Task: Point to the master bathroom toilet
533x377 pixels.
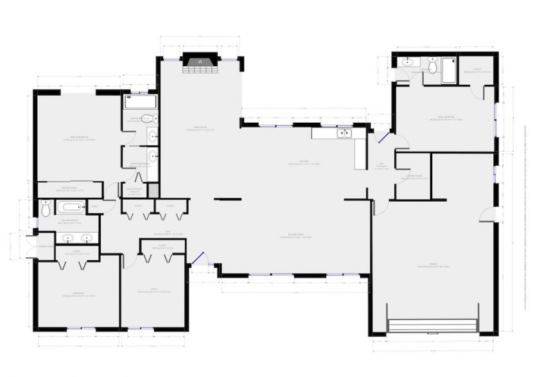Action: click(147, 119)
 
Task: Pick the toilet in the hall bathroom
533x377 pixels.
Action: click(46, 209)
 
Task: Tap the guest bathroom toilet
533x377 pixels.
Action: click(433, 66)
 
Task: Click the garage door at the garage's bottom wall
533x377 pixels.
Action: click(433, 326)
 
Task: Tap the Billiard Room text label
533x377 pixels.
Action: click(296, 237)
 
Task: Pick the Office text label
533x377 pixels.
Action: click(153, 290)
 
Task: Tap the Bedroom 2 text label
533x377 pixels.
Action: click(78, 295)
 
